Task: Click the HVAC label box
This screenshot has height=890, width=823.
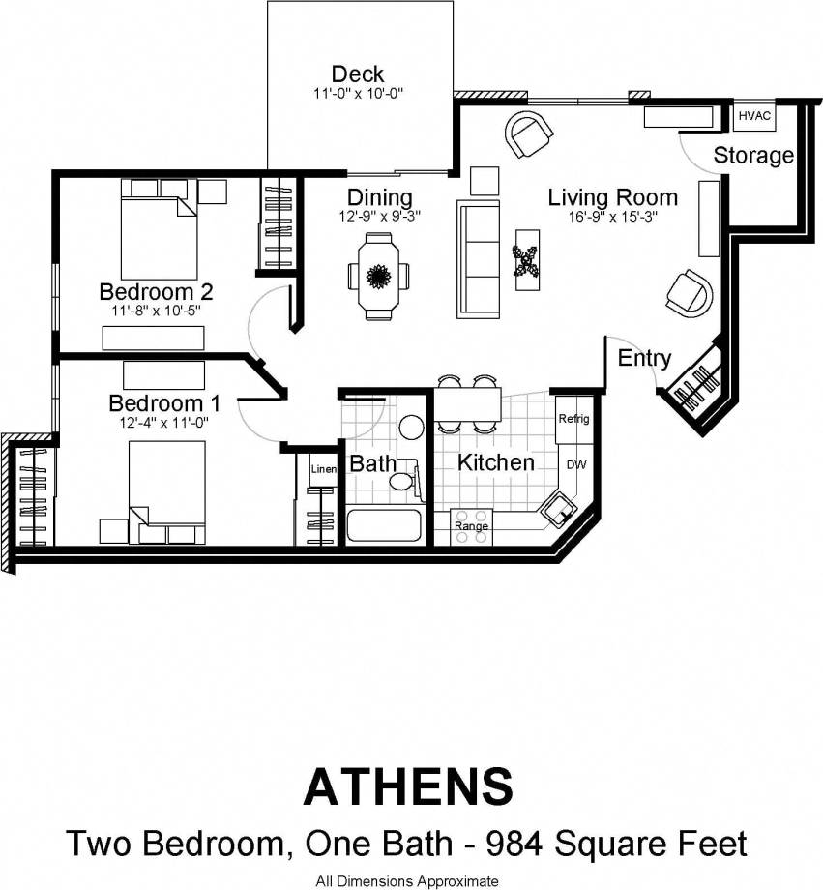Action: pyautogui.click(x=754, y=116)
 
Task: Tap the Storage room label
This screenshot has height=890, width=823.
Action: pyautogui.click(x=753, y=155)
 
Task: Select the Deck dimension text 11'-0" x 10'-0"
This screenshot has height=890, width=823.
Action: pyautogui.click(x=357, y=94)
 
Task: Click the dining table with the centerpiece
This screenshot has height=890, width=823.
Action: pyautogui.click(x=378, y=276)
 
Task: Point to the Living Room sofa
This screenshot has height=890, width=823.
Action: pyautogui.click(x=479, y=260)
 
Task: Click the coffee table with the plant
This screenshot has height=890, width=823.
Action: pyautogui.click(x=527, y=259)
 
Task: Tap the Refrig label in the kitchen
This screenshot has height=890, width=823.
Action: pyautogui.click(x=573, y=419)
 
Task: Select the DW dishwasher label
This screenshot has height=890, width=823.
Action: pyautogui.click(x=575, y=464)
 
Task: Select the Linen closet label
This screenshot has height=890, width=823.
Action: pyautogui.click(x=322, y=469)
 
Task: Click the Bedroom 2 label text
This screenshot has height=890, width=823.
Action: pyautogui.click(x=156, y=291)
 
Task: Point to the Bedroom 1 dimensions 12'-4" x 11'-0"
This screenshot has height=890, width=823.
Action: pyautogui.click(x=159, y=422)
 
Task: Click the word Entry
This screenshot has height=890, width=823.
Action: pyautogui.click(x=644, y=358)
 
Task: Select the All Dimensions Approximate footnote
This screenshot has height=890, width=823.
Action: pyautogui.click(x=407, y=880)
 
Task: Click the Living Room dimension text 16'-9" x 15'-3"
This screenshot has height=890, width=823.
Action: pyautogui.click(x=613, y=217)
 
